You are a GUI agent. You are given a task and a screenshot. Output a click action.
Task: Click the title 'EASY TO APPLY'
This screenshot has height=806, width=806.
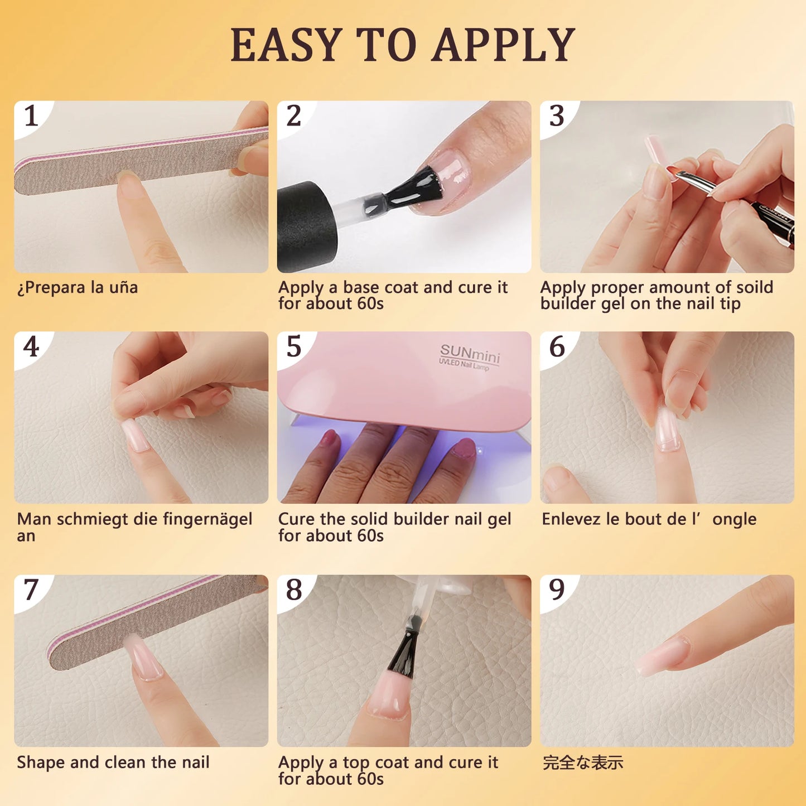[403, 45]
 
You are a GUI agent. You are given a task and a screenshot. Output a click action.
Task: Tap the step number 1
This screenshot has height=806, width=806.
[31, 116]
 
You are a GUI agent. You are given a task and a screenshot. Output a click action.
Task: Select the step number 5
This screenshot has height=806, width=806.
[294, 347]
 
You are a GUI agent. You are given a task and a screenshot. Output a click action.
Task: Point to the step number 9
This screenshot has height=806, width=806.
[557, 590]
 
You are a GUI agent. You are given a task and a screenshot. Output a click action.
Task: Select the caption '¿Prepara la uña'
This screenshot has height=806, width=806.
[78, 288]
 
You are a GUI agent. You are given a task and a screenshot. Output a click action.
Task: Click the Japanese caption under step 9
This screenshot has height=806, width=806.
[583, 762]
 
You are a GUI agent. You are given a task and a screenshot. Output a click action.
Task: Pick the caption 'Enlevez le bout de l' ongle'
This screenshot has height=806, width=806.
[649, 519]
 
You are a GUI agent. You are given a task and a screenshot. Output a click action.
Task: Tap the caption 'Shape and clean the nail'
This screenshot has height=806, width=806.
[113, 762]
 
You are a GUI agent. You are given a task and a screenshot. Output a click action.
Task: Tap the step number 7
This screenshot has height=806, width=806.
[31, 590]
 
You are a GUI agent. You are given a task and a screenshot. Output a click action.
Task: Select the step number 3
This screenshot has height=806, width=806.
[557, 116]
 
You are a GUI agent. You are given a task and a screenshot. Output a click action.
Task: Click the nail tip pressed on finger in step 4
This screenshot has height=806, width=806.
[135, 435]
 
